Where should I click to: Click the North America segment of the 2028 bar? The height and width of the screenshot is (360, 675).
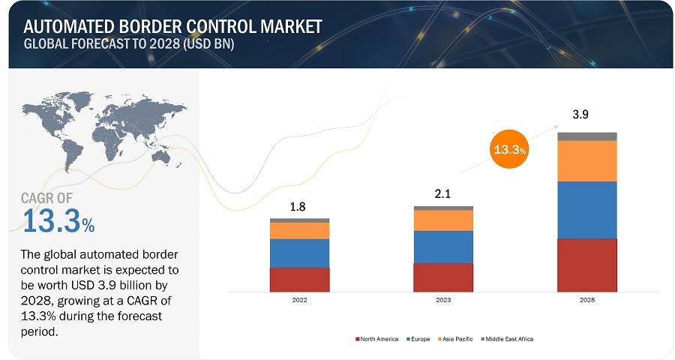click(x=586, y=265)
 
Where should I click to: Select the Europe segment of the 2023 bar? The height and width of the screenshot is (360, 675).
click(x=443, y=247)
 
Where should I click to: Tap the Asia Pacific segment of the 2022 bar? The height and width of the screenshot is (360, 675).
click(x=299, y=230)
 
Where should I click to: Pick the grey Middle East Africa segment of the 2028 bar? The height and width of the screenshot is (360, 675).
click(x=586, y=136)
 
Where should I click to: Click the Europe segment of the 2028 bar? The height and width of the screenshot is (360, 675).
click(x=586, y=210)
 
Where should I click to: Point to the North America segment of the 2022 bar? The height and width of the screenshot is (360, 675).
click(x=299, y=279)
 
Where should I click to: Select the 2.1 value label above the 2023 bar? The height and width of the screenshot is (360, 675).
click(x=443, y=194)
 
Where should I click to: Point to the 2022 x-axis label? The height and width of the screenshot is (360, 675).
click(x=299, y=300)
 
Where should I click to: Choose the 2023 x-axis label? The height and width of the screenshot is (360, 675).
click(x=443, y=300)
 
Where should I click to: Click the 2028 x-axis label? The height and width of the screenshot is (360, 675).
click(x=586, y=300)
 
